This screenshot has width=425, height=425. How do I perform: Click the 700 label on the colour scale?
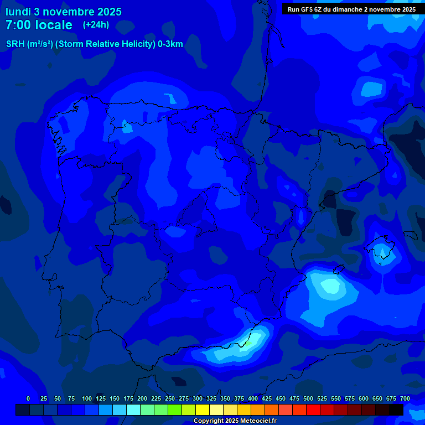(x=405, y=398)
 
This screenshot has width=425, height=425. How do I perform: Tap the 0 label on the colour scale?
(x=28, y=398)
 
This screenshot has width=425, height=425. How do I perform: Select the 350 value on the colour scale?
(x=225, y=398)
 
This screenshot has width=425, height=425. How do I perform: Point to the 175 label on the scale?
(x=128, y=398)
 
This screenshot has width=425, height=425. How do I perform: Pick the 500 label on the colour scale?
(x=308, y=398)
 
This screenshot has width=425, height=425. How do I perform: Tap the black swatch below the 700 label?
(x=396, y=410)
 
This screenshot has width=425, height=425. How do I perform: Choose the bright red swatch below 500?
(x=313, y=410)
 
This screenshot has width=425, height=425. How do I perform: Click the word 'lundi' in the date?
(x=18, y=12)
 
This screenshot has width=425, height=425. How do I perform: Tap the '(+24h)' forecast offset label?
(x=96, y=25)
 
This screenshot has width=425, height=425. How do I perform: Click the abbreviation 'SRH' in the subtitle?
(x=15, y=44)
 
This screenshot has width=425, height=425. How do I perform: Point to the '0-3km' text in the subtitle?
(x=170, y=44)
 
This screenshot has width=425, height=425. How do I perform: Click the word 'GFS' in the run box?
(x=307, y=9)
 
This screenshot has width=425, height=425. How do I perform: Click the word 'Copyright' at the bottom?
(x=208, y=421)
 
